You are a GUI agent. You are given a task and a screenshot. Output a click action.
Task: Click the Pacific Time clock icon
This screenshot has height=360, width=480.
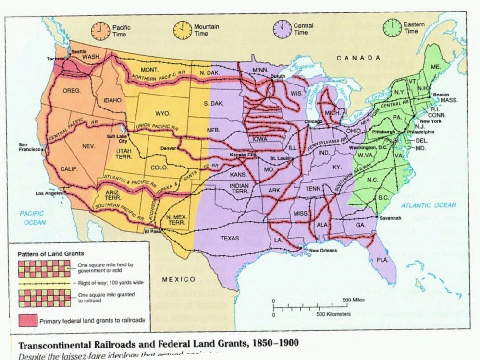pos(99,30)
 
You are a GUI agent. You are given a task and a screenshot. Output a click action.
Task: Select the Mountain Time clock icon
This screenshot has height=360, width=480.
pos(182,30)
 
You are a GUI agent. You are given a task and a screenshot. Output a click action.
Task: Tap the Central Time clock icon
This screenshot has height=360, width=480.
pos(282,29)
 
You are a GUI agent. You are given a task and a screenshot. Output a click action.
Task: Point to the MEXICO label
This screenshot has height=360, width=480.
pos(178,279)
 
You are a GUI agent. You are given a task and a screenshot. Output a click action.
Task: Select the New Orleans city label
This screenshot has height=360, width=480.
pos(323,250)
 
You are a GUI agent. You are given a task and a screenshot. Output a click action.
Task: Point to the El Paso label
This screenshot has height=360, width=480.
pos(152,230)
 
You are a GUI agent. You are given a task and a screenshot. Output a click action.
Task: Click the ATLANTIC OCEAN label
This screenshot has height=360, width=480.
pos(428,205)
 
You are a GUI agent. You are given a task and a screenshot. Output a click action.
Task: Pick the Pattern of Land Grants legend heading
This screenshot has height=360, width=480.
pos(51,253)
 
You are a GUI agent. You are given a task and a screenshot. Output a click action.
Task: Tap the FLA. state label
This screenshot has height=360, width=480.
pos(382,260)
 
